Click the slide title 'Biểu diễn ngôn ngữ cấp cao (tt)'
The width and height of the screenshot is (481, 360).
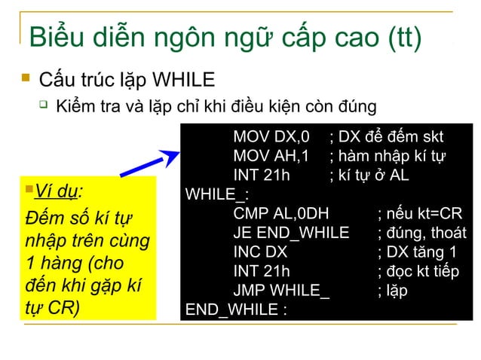(x=224, y=38)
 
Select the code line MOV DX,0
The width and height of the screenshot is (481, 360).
(x=271, y=137)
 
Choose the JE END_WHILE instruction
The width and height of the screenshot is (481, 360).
(x=291, y=233)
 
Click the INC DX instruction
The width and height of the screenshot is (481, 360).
(x=260, y=252)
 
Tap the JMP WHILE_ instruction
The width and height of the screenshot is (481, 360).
(x=281, y=291)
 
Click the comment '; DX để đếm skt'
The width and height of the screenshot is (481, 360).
(x=386, y=137)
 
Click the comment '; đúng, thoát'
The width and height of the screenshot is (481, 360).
(x=421, y=233)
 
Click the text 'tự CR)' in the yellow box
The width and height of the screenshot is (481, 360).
(x=52, y=310)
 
